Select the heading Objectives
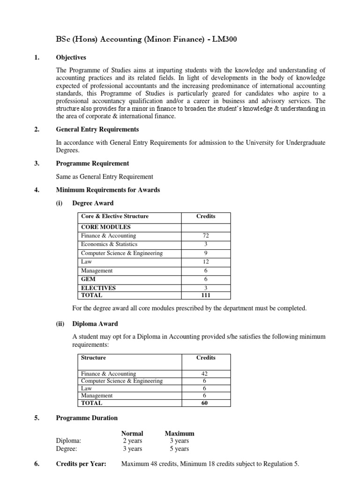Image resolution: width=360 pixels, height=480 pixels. coord(71,58)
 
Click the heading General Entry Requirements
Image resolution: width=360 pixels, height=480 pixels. coord(97,129)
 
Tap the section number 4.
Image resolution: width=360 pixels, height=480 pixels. coord(37,190)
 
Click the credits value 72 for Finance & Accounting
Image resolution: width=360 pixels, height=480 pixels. coord(206,236)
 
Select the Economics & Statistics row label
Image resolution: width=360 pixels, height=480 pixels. coord(109,244)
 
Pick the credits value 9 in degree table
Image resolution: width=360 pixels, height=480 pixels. coord(206,253)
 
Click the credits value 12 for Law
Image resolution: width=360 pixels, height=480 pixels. coord(206,262)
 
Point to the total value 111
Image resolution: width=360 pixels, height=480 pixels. coord(206,296)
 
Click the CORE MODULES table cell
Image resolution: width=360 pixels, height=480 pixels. coord(105,227)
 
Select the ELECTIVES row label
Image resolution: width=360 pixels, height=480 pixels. coord(98,288)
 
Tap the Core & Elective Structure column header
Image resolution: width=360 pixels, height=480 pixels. coord(114,216)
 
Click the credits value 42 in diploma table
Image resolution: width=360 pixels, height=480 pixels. coord(206,374)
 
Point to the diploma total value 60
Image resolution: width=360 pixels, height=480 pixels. coord(206,403)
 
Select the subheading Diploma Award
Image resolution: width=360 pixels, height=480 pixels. coord(95,323)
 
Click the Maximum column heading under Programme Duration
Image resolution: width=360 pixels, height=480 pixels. coord(179,433)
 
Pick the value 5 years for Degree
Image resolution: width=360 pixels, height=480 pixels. coord(179,449)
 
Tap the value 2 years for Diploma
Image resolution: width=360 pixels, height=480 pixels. coord(132,441)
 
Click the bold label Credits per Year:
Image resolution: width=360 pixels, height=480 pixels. coord(81,464)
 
